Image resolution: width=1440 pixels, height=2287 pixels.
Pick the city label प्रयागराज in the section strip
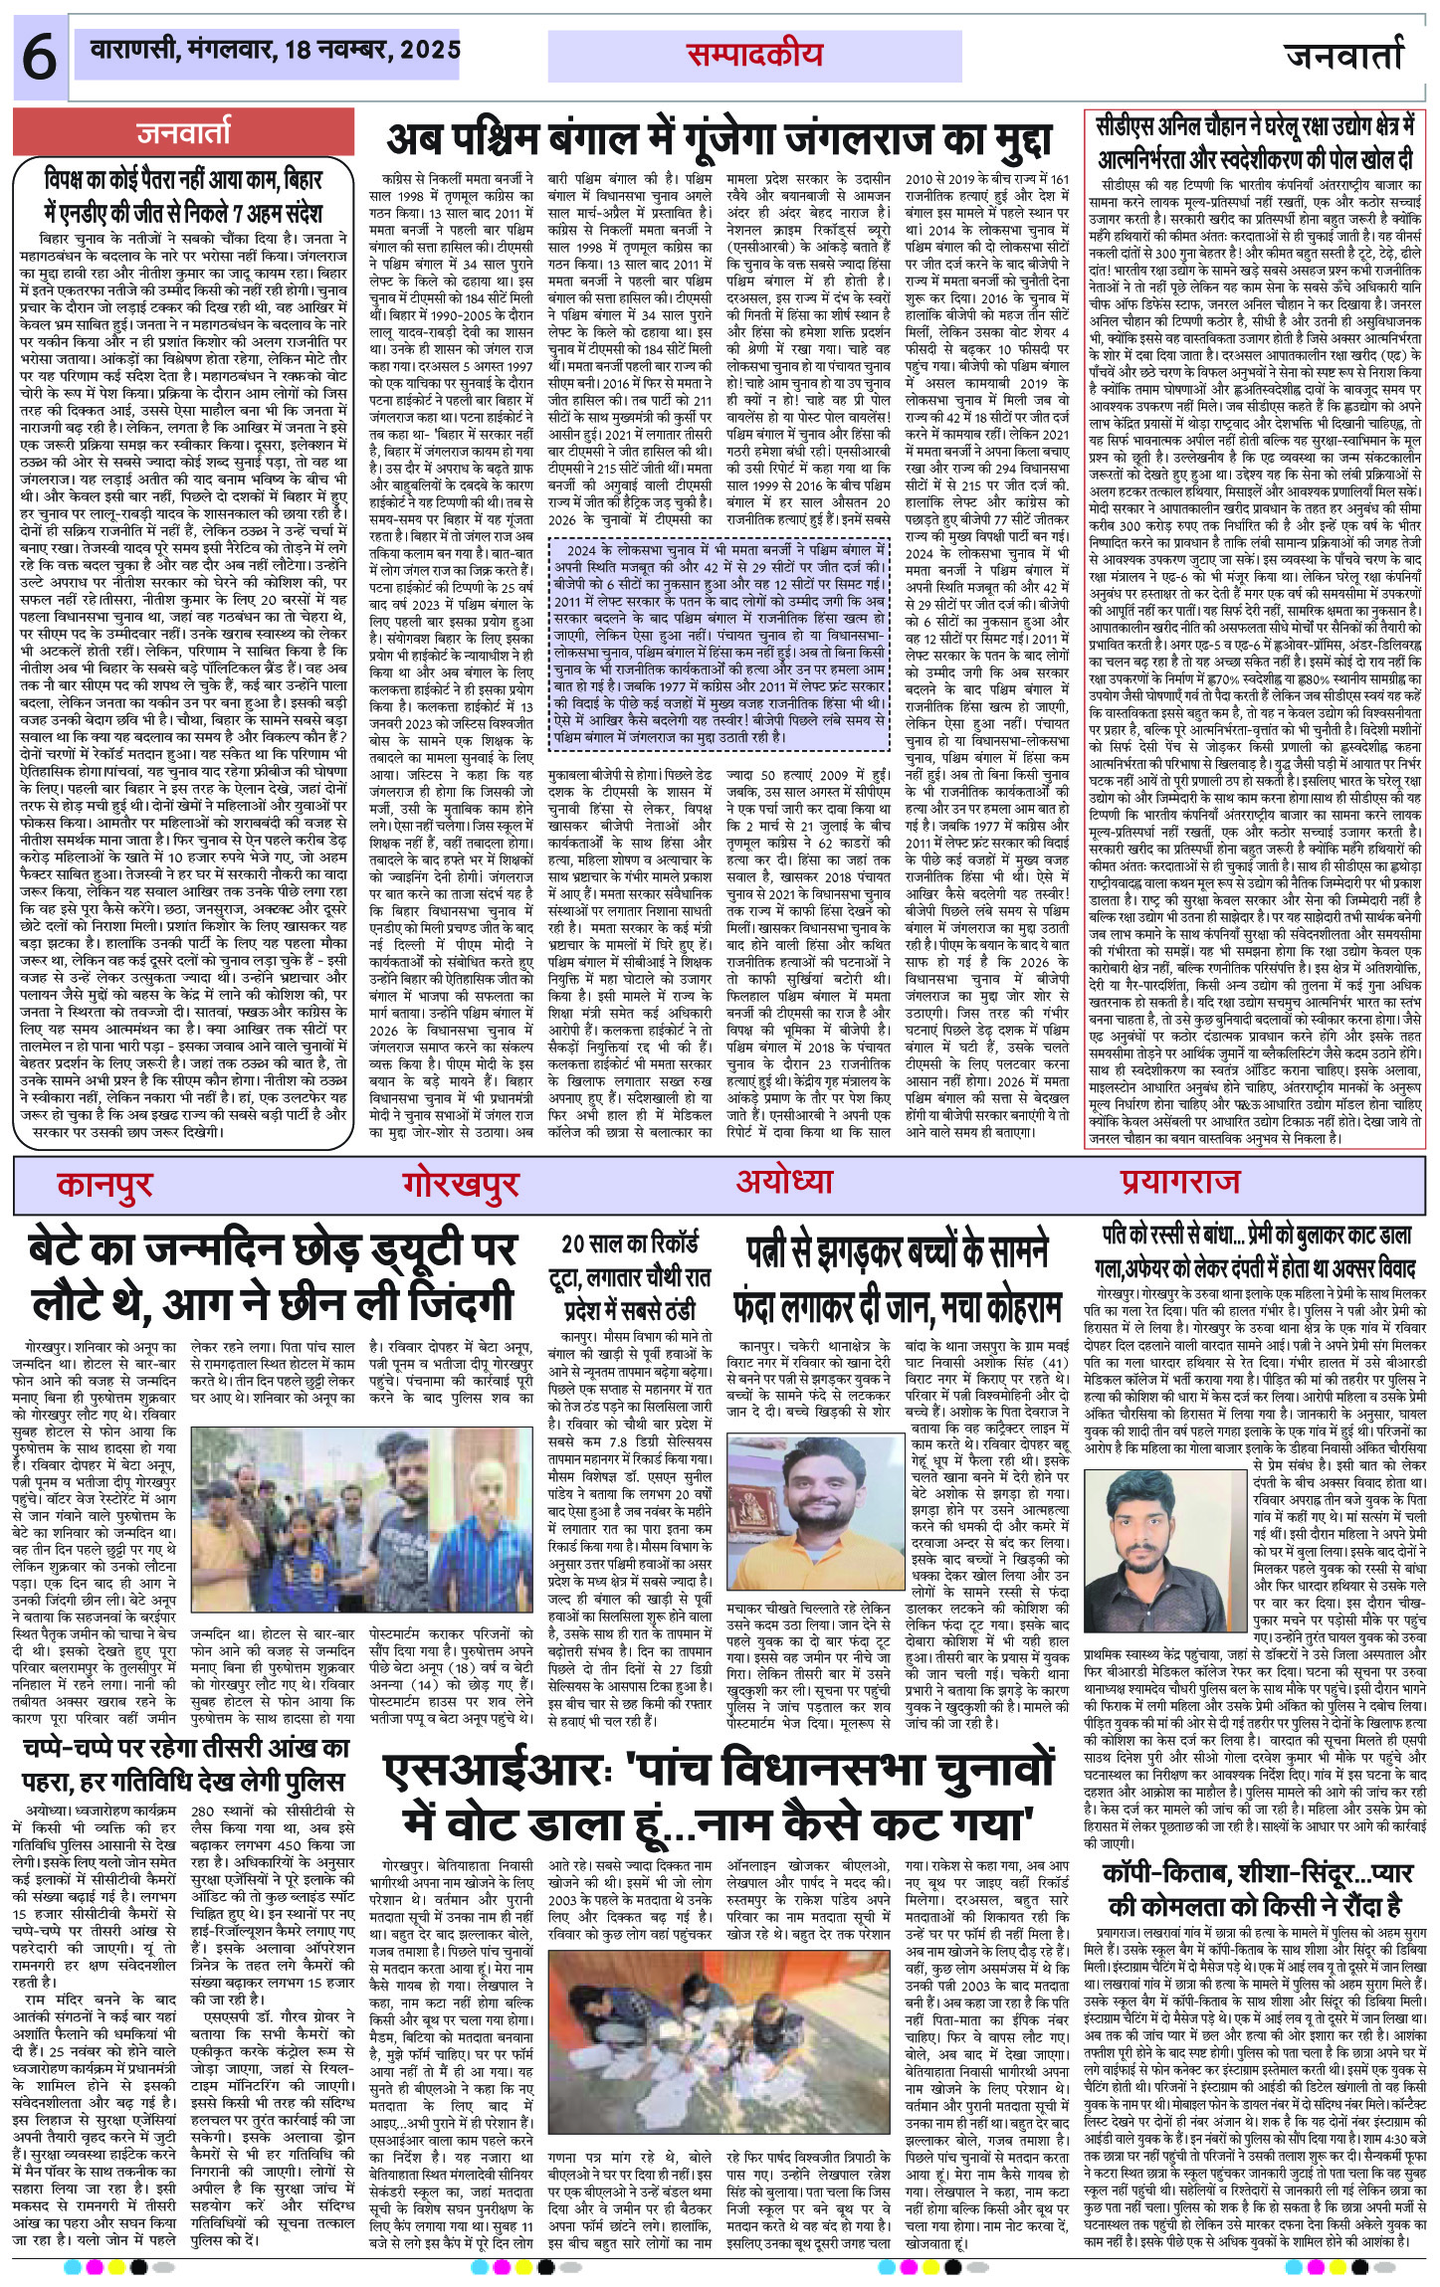point(1179,1182)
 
